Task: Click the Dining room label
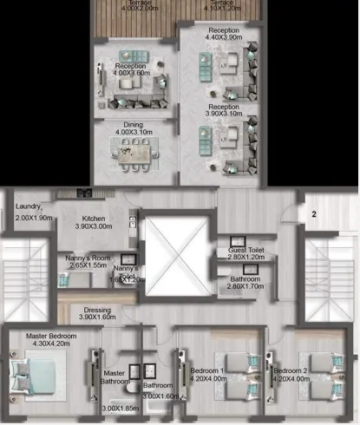point(133,125)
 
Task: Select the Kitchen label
point(93,218)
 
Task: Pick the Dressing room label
point(97,309)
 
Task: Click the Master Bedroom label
point(49,336)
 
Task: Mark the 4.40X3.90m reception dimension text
point(223,37)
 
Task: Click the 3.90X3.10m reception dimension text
point(223,114)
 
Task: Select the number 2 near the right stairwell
point(314,212)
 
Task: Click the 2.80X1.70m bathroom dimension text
point(246,286)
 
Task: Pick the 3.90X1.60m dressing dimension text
point(97,317)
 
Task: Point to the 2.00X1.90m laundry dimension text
point(35,218)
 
